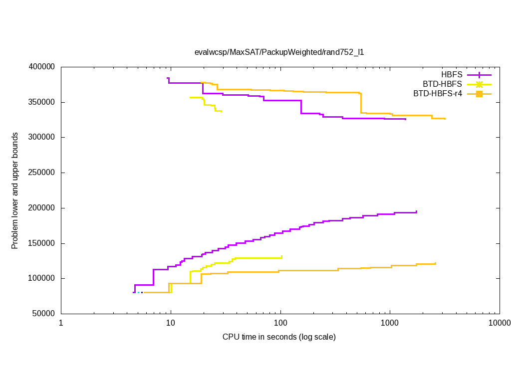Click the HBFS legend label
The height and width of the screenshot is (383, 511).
coord(451,75)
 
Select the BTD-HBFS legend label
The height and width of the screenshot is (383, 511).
coord(442,84)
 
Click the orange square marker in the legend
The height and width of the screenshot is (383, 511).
coord(479,93)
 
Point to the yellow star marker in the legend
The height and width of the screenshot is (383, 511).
coord(479,84)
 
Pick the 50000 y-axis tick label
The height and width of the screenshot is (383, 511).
coord(44,314)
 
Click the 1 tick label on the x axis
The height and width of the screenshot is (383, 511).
coord(61,323)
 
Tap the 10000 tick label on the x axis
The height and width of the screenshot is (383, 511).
coord(499,323)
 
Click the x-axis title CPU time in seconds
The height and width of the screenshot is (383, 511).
coord(279,337)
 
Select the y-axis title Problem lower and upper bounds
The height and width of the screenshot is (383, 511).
coord(15,191)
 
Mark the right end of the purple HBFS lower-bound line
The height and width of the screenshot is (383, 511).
coord(416,211)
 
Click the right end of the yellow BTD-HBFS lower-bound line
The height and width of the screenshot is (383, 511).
coord(282,257)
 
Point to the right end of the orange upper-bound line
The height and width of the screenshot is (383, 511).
coord(445,119)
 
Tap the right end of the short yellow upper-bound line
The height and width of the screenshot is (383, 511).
coord(222,111)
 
